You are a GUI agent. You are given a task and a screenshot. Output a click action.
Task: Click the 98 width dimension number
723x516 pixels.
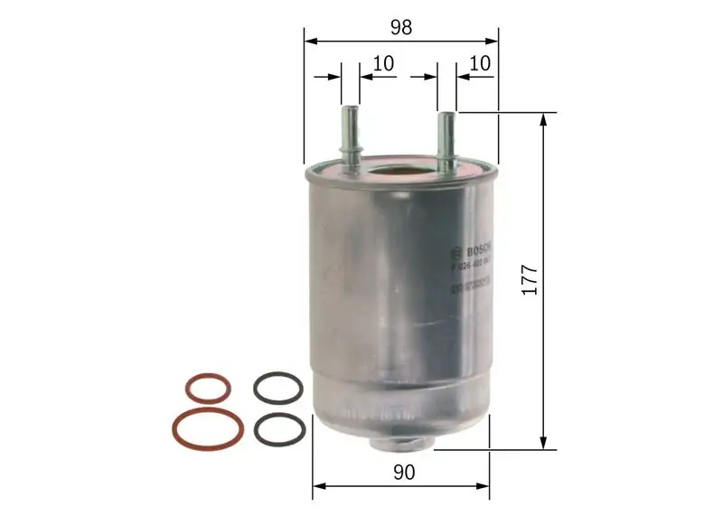tap(401, 27)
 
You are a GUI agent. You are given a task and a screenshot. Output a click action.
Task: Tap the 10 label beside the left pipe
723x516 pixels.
tap(383, 63)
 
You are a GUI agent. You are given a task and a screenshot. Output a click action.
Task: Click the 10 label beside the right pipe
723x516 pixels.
tap(480, 63)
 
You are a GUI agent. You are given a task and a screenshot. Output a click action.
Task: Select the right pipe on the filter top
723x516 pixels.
tap(446, 136)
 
